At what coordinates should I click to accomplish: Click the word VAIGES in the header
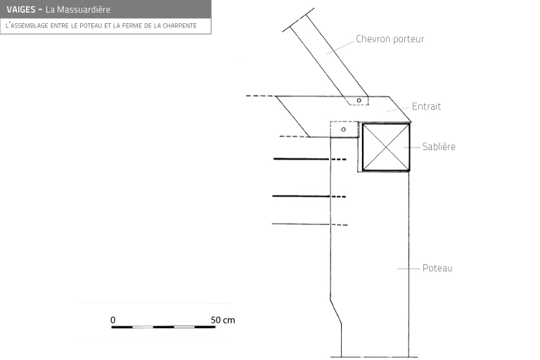21,9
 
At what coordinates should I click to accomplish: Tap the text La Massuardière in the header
78,9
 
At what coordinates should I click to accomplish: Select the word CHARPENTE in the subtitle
179,25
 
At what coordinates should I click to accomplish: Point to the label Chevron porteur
390,39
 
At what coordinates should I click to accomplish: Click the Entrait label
426,106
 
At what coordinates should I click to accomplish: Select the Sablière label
439,146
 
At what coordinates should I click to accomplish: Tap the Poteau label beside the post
437,268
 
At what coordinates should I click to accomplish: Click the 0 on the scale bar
113,320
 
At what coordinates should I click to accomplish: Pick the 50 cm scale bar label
223,320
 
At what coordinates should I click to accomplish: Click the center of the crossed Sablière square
386,147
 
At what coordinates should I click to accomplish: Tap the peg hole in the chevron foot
359,101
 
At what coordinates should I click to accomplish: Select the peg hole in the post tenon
343,129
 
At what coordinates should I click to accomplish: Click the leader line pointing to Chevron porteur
340,48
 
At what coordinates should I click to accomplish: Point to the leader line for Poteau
409,269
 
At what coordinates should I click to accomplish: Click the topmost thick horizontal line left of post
302,159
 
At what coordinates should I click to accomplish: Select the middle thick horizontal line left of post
301,196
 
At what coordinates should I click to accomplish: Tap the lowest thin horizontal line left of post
301,224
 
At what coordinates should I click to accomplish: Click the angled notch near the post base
336,312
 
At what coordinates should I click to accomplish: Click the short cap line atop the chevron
298,20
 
